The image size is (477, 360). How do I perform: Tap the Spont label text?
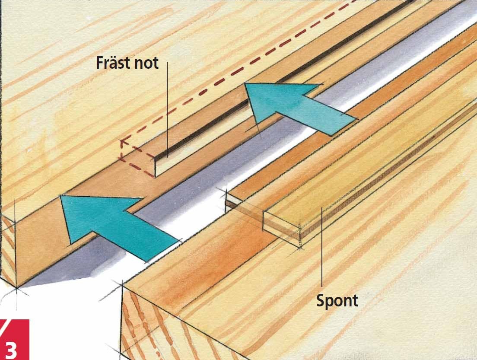click(x=337, y=300)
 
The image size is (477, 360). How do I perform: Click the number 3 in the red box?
click(x=11, y=350)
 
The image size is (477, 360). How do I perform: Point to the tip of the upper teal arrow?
click(x=245, y=83)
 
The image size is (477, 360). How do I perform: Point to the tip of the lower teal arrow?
click(x=60, y=196)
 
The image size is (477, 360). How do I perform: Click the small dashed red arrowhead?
click(x=123, y=142)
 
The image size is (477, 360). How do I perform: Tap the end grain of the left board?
click(x=8, y=249)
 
